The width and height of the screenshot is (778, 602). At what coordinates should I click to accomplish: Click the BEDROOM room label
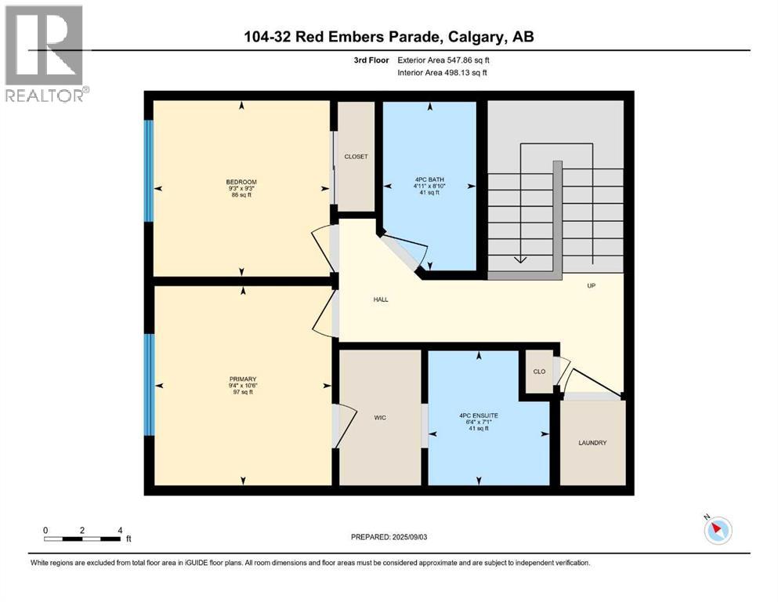(x=241, y=182)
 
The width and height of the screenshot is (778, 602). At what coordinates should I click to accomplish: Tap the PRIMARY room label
(x=242, y=379)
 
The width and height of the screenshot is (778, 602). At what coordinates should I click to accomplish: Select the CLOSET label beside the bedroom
(x=356, y=157)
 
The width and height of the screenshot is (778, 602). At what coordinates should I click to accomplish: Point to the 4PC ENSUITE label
(x=479, y=415)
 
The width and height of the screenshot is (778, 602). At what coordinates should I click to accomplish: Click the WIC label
(x=380, y=418)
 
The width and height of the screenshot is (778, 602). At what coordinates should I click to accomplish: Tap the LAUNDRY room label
(x=592, y=443)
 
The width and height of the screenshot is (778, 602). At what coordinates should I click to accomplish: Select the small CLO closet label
(x=538, y=372)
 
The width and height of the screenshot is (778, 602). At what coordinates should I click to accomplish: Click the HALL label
(x=380, y=299)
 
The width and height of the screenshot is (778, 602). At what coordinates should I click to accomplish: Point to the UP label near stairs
(x=592, y=286)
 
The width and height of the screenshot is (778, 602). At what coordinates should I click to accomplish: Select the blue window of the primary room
(x=148, y=385)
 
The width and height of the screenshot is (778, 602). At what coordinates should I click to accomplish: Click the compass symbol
(x=717, y=531)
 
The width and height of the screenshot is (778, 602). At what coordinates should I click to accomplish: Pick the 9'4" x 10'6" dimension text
(x=242, y=386)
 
